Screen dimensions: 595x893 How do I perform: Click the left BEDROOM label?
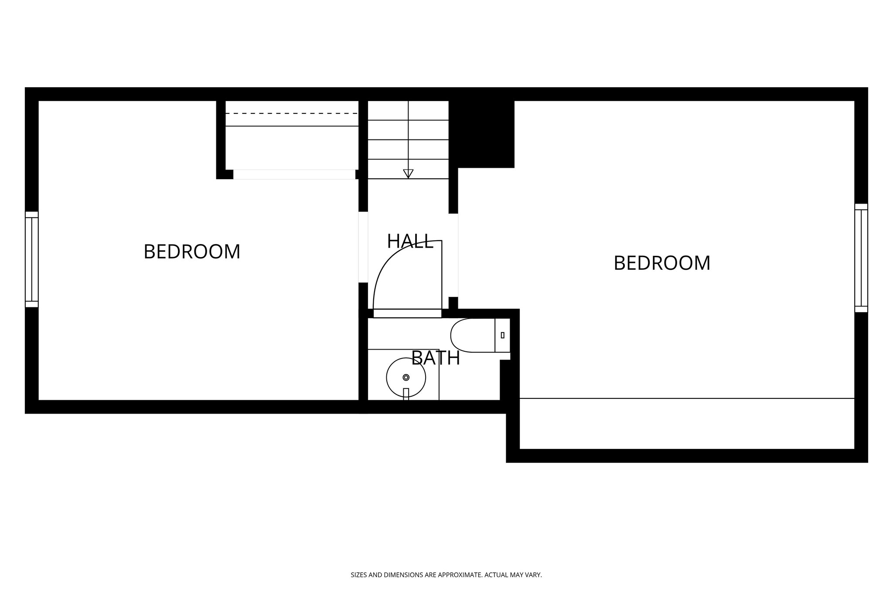click(x=192, y=252)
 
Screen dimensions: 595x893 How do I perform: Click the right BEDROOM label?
click(x=662, y=263)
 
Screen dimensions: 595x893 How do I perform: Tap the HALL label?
click(x=410, y=241)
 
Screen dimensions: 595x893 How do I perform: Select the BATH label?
click(x=436, y=358)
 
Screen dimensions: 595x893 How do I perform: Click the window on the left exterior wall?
click(x=32, y=259)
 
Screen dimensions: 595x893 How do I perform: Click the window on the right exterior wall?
click(x=861, y=258)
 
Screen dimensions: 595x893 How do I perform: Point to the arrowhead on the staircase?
click(x=408, y=173)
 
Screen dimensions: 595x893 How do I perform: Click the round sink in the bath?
click(x=406, y=377)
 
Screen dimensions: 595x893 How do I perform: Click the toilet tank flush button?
click(x=503, y=335)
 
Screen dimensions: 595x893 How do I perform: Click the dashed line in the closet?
click(x=291, y=113)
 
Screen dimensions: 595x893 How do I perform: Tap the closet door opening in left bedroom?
click(x=294, y=174)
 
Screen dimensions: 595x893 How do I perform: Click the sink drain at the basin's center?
click(x=406, y=377)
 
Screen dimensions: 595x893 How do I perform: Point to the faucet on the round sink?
click(x=406, y=393)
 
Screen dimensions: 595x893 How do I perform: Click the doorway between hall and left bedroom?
click(x=363, y=247)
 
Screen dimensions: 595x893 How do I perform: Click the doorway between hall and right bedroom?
click(x=453, y=255)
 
